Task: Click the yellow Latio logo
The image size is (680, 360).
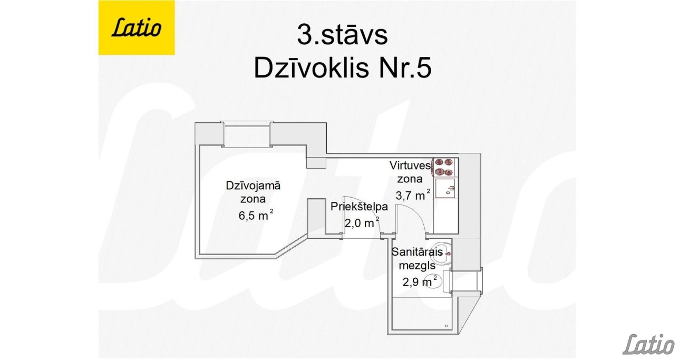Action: [x=137, y=27]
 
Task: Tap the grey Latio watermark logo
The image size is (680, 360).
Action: [x=648, y=345]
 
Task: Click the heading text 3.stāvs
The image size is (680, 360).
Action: [x=342, y=35]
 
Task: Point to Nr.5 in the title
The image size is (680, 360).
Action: [x=405, y=69]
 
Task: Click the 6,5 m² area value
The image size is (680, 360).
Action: [x=256, y=215]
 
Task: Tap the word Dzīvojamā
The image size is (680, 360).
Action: [x=253, y=186]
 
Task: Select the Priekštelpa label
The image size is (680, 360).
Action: [x=359, y=207]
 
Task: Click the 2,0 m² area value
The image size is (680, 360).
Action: [x=362, y=222]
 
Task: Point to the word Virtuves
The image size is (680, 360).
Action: [x=410, y=166]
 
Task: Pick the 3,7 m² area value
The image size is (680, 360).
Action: [x=413, y=195]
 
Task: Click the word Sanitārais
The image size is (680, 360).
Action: [x=417, y=252]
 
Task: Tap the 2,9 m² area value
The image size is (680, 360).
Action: [x=420, y=281]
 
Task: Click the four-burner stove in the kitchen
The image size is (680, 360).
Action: [x=444, y=167]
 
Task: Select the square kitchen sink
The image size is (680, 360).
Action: [x=445, y=189]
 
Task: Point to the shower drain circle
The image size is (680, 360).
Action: [x=446, y=326]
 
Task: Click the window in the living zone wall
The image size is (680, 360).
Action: [x=247, y=134]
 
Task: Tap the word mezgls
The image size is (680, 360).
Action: [x=417, y=266]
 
